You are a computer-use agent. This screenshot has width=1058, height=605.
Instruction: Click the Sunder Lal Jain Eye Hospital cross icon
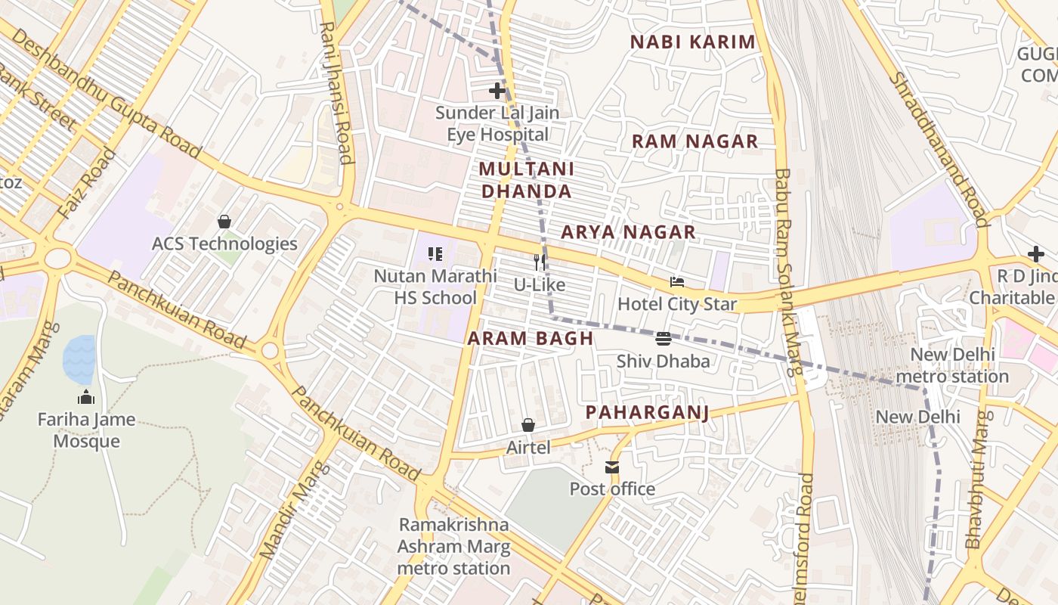[497, 91]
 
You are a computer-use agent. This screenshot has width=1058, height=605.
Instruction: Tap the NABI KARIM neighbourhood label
[693, 42]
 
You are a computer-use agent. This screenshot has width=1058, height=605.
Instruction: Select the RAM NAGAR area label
[695, 141]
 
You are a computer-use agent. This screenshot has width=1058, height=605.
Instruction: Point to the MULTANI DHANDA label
[527, 180]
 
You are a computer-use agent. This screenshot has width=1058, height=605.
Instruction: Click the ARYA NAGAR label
[628, 232]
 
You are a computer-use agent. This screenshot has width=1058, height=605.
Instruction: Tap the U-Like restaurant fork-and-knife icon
[540, 262]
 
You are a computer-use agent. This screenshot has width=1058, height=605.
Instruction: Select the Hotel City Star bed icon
[677, 283]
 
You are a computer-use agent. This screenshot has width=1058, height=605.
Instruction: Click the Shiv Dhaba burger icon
[663, 339]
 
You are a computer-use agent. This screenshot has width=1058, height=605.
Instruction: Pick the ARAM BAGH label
[531, 338]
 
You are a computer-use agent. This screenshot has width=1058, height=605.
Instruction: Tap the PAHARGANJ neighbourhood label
[648, 412]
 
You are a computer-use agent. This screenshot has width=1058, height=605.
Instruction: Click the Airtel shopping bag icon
[528, 426]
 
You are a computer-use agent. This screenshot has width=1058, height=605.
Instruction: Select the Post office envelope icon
[612, 467]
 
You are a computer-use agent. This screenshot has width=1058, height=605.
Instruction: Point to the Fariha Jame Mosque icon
[86, 398]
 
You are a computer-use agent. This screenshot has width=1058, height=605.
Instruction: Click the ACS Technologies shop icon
[224, 222]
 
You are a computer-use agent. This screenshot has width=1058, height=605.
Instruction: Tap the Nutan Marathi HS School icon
[435, 254]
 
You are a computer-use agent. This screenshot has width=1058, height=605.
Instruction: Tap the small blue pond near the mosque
[80, 360]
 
